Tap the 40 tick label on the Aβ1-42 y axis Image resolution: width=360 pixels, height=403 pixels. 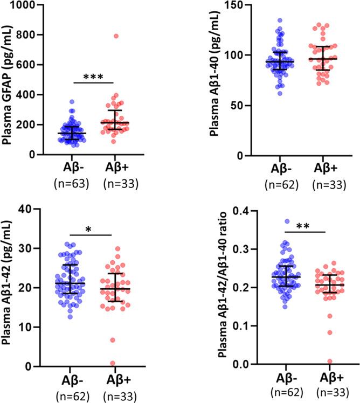click(33, 209)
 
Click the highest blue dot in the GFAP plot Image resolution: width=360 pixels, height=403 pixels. click(71, 101)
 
